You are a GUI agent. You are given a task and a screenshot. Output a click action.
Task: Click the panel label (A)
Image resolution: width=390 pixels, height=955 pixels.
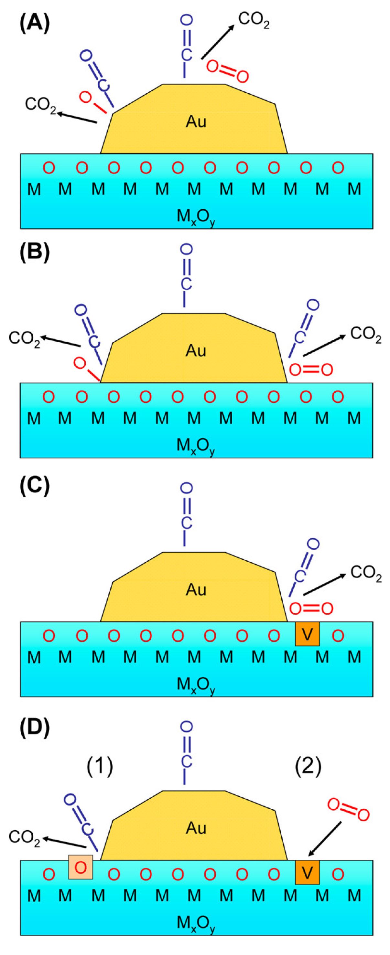pos(35,25)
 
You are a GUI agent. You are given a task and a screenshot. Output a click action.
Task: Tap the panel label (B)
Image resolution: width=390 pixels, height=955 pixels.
pos(35,253)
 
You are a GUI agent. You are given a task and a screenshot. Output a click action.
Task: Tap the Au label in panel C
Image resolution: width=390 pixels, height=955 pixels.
pos(196,589)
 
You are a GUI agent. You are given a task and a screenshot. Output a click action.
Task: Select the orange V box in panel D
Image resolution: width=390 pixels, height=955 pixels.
pos(307,873)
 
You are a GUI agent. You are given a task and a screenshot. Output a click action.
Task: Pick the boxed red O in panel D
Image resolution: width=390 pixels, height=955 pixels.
pos(81,867)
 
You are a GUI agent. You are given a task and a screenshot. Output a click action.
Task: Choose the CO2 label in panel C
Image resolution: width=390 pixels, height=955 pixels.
pos(366,574)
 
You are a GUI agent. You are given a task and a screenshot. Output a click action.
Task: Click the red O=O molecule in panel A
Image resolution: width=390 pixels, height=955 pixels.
pos(227,71)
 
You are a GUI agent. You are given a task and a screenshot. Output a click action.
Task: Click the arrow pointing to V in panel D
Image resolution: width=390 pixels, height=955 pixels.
pos(325,839)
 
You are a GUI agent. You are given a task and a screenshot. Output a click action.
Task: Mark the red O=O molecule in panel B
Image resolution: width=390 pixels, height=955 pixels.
pos(311,369)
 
